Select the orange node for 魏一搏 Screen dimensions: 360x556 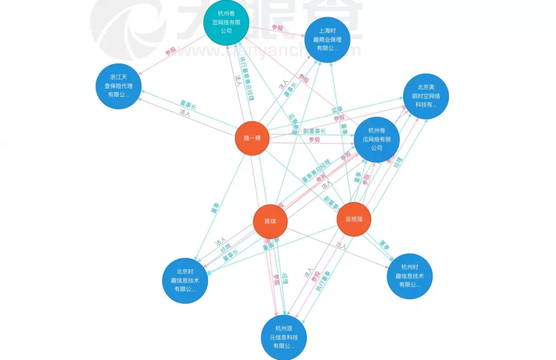[x=252, y=138]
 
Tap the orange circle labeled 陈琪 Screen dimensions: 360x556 [x=270, y=221]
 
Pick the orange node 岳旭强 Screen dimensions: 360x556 [x=354, y=219]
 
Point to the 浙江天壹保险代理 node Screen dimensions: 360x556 [x=118, y=86]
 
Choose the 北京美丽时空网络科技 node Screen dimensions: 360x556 [x=426, y=96]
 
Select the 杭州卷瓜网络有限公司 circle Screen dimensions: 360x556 [x=376, y=139]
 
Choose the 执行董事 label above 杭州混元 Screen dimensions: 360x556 [x=323, y=283]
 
